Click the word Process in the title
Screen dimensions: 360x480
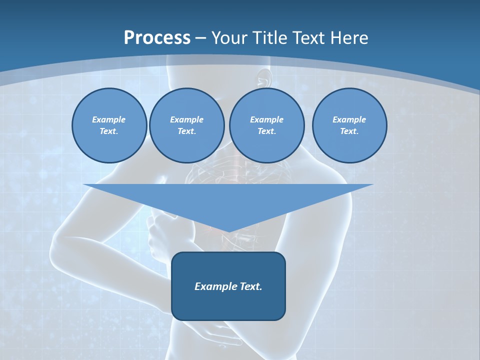point(157,38)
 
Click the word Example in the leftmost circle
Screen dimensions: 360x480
point(109,119)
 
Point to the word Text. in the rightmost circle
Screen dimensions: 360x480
point(349,131)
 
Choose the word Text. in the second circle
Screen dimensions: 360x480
point(186,131)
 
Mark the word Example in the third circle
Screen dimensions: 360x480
point(266,119)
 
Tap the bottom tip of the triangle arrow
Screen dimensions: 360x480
point(228,230)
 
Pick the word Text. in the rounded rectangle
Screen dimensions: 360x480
point(252,286)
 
